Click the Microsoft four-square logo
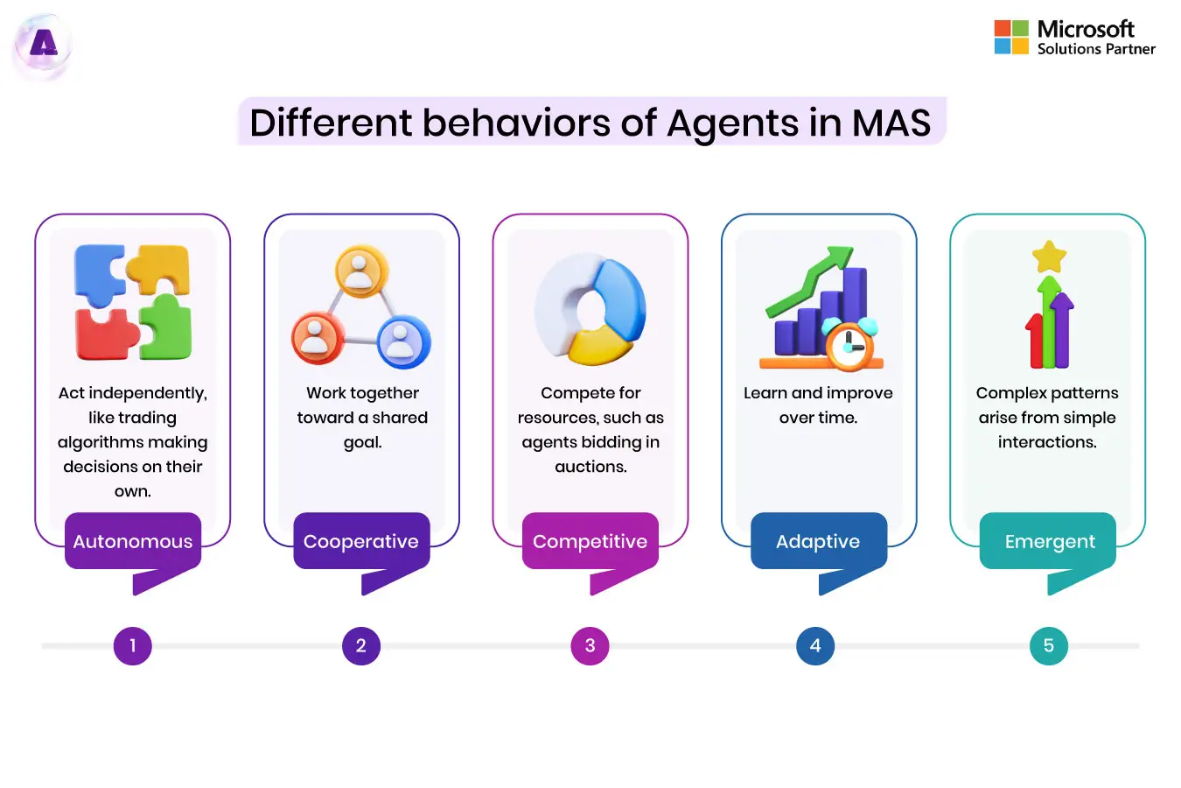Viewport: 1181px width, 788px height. click(1011, 38)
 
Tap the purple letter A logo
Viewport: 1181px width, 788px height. click(43, 44)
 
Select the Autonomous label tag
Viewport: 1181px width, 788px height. click(133, 541)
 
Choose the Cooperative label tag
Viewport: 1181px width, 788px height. click(361, 541)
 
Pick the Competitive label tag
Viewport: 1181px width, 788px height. click(590, 541)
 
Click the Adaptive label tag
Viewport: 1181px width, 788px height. click(818, 541)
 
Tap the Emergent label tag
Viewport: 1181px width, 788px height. click(1049, 542)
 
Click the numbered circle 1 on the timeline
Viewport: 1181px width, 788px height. click(133, 646)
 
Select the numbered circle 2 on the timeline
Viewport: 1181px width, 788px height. click(360, 646)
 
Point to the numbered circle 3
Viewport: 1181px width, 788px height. click(590, 646)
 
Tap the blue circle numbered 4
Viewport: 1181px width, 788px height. click(815, 646)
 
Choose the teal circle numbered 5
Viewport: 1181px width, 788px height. click(1048, 646)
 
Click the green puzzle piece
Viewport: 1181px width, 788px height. click(166, 327)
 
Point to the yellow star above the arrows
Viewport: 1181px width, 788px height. click(1049, 257)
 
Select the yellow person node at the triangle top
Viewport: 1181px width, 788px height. click(361, 271)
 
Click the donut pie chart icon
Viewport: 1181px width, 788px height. click(590, 308)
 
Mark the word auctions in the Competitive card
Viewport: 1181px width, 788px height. click(590, 467)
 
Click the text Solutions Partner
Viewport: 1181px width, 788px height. click(1096, 49)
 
